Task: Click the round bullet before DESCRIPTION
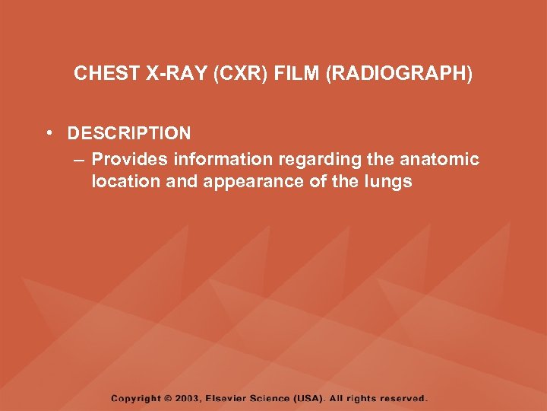[x=49, y=134]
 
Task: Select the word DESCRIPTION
[x=129, y=134]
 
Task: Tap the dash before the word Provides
[x=79, y=159]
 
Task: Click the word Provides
[x=129, y=159]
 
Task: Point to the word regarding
[x=315, y=159]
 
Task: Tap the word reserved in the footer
[x=404, y=398]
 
